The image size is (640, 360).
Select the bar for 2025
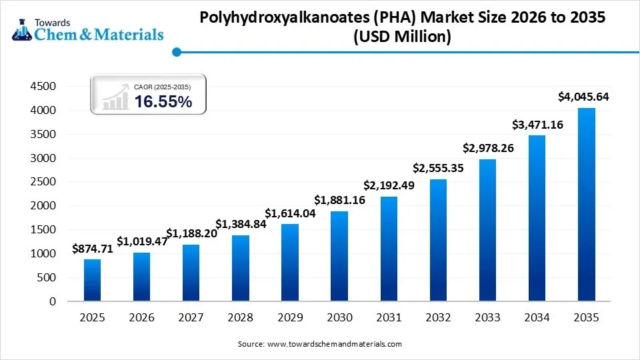93,280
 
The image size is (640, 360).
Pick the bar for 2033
487,230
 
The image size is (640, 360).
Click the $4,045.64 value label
583,97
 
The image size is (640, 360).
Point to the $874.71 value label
93,250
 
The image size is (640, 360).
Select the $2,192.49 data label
389,185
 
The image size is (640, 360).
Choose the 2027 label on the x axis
191,318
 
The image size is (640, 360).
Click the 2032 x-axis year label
438,318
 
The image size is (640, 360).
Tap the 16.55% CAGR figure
163,101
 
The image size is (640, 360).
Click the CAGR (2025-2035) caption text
162,87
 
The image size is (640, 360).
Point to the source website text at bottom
320,344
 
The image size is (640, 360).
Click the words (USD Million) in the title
402,37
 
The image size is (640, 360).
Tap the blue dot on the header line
177,51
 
